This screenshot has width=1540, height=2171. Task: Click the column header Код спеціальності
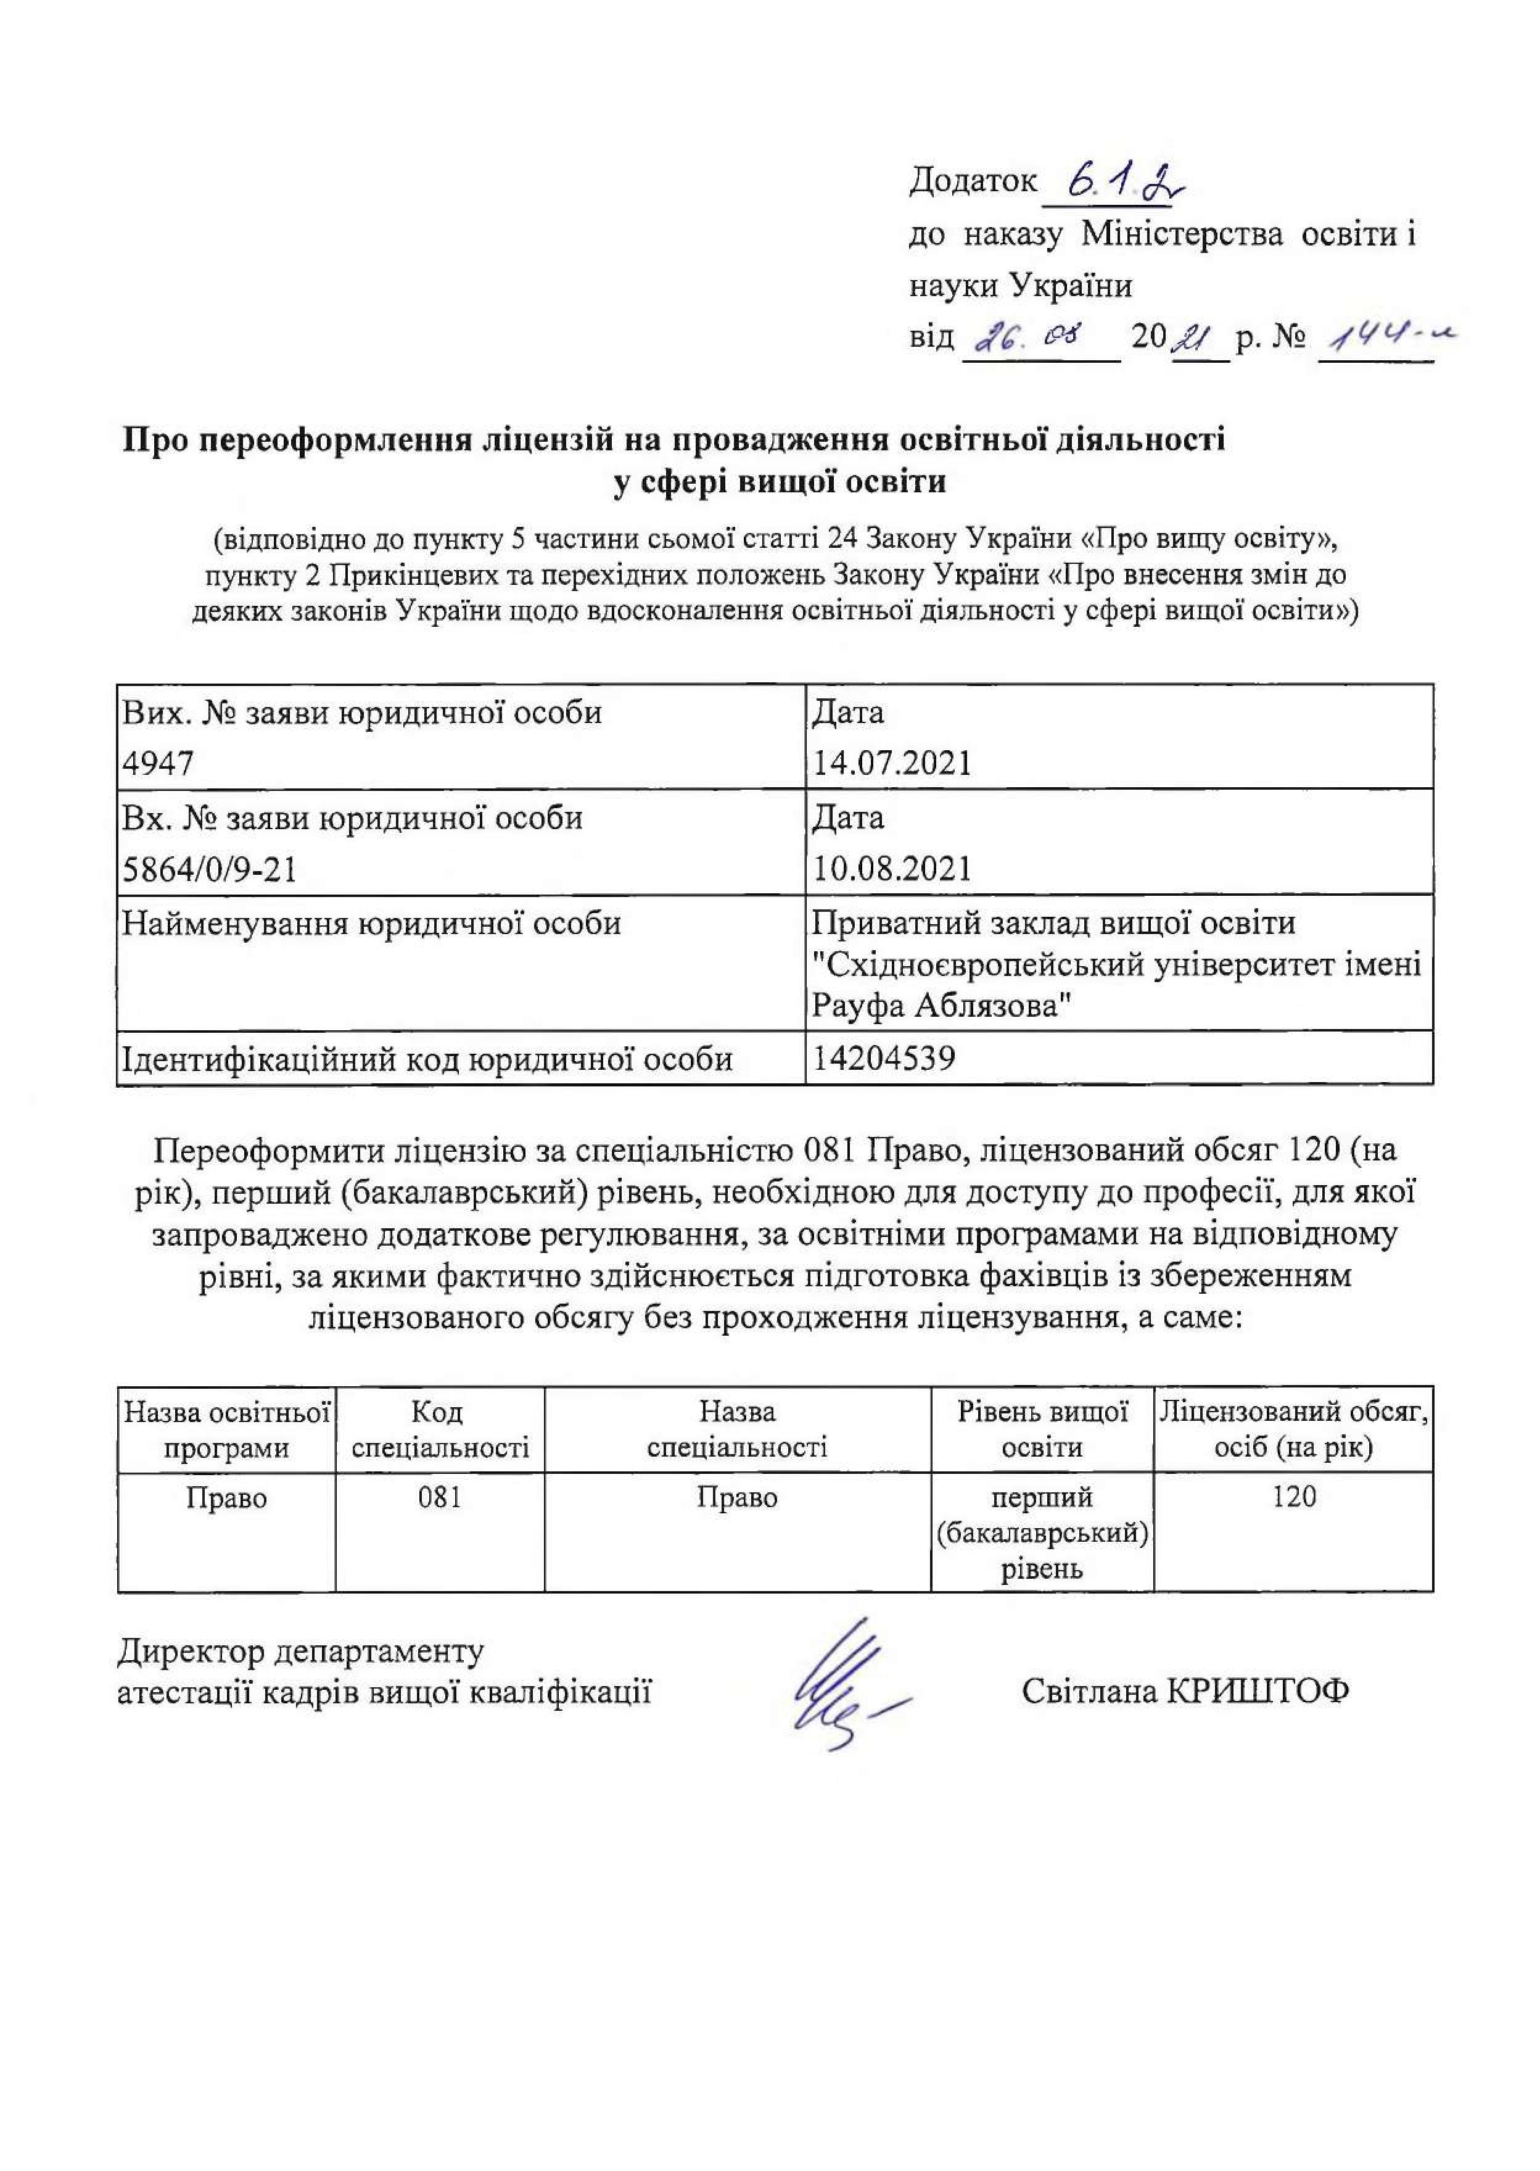(x=439, y=1430)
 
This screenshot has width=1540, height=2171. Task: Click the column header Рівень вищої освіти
(x=1042, y=1430)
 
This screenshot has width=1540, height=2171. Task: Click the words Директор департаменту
(x=300, y=1652)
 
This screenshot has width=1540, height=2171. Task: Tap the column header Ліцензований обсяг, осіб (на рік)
(x=1293, y=1430)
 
